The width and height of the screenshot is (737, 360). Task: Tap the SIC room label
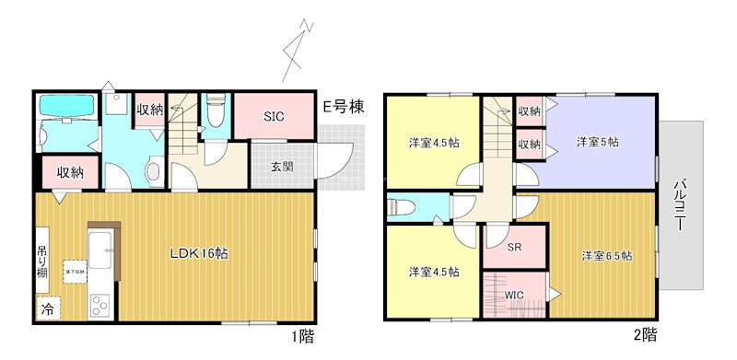click(x=274, y=117)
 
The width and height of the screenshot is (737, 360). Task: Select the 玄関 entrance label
click(x=282, y=167)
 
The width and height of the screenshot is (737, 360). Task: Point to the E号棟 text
click(x=343, y=108)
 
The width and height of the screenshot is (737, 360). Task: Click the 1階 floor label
click(x=303, y=336)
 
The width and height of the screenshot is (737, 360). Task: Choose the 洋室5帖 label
click(x=597, y=142)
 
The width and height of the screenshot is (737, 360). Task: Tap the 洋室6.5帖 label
click(x=606, y=255)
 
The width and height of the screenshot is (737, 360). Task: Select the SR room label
click(x=515, y=248)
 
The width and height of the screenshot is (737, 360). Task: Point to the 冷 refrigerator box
click(x=45, y=309)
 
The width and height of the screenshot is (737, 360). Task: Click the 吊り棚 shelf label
click(x=43, y=261)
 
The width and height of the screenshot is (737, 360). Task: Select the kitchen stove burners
click(x=99, y=303)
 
